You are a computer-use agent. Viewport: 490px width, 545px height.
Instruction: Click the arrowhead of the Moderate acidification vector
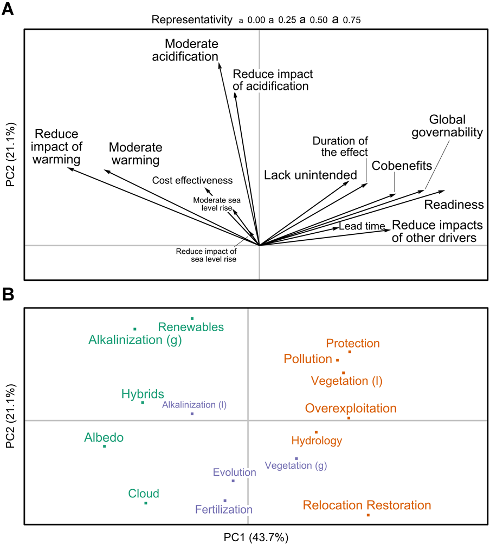[x=220, y=63]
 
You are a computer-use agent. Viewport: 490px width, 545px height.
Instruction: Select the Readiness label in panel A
[x=454, y=205]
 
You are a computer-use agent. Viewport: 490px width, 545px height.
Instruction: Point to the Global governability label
[x=455, y=126]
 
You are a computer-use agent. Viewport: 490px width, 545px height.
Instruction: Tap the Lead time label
[x=362, y=226]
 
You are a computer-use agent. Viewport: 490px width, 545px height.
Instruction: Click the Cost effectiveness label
[x=192, y=180]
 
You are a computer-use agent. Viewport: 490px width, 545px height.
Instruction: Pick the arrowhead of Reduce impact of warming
[x=70, y=169]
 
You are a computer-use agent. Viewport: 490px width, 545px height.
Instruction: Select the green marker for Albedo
[x=105, y=446]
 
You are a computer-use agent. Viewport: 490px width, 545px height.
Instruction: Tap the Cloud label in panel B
[x=144, y=493]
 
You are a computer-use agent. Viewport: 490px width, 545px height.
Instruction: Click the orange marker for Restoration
[x=368, y=515]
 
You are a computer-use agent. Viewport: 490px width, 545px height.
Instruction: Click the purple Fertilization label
[x=224, y=509]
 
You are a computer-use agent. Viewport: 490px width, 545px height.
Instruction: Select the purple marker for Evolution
[x=233, y=481]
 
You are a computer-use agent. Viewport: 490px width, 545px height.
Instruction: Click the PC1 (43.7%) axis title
[x=256, y=537]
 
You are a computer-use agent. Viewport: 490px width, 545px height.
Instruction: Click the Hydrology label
[x=317, y=441]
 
